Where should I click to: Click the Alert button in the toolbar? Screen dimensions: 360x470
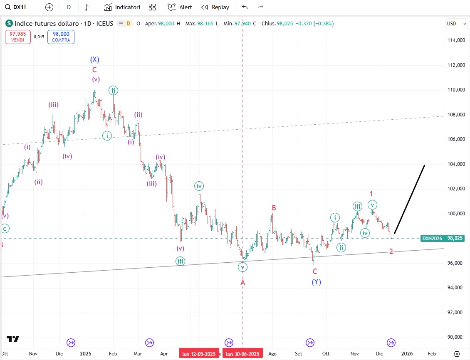coord(180,7)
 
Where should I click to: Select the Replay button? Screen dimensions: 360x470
coord(215,7)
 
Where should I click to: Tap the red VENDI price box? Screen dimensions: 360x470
coord(18,37)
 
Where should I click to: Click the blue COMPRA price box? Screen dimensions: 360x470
coord(61,37)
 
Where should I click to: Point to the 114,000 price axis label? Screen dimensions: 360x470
coord(456,40)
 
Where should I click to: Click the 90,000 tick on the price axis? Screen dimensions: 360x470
coord(456,337)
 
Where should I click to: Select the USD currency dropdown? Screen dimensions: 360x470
coord(457,24)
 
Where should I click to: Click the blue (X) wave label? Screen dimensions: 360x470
coord(94,59)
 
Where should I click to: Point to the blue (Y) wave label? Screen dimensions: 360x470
coord(316,282)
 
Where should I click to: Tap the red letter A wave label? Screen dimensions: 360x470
coord(243,283)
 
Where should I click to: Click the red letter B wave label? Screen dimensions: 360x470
coord(274,207)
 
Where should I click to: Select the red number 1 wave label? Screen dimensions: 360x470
coord(371,193)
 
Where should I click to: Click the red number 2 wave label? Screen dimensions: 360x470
coord(391,251)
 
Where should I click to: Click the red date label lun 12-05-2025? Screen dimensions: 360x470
coord(199,354)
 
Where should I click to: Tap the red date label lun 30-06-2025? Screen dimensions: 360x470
coord(242,354)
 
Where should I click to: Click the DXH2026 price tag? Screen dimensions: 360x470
coord(432,238)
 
